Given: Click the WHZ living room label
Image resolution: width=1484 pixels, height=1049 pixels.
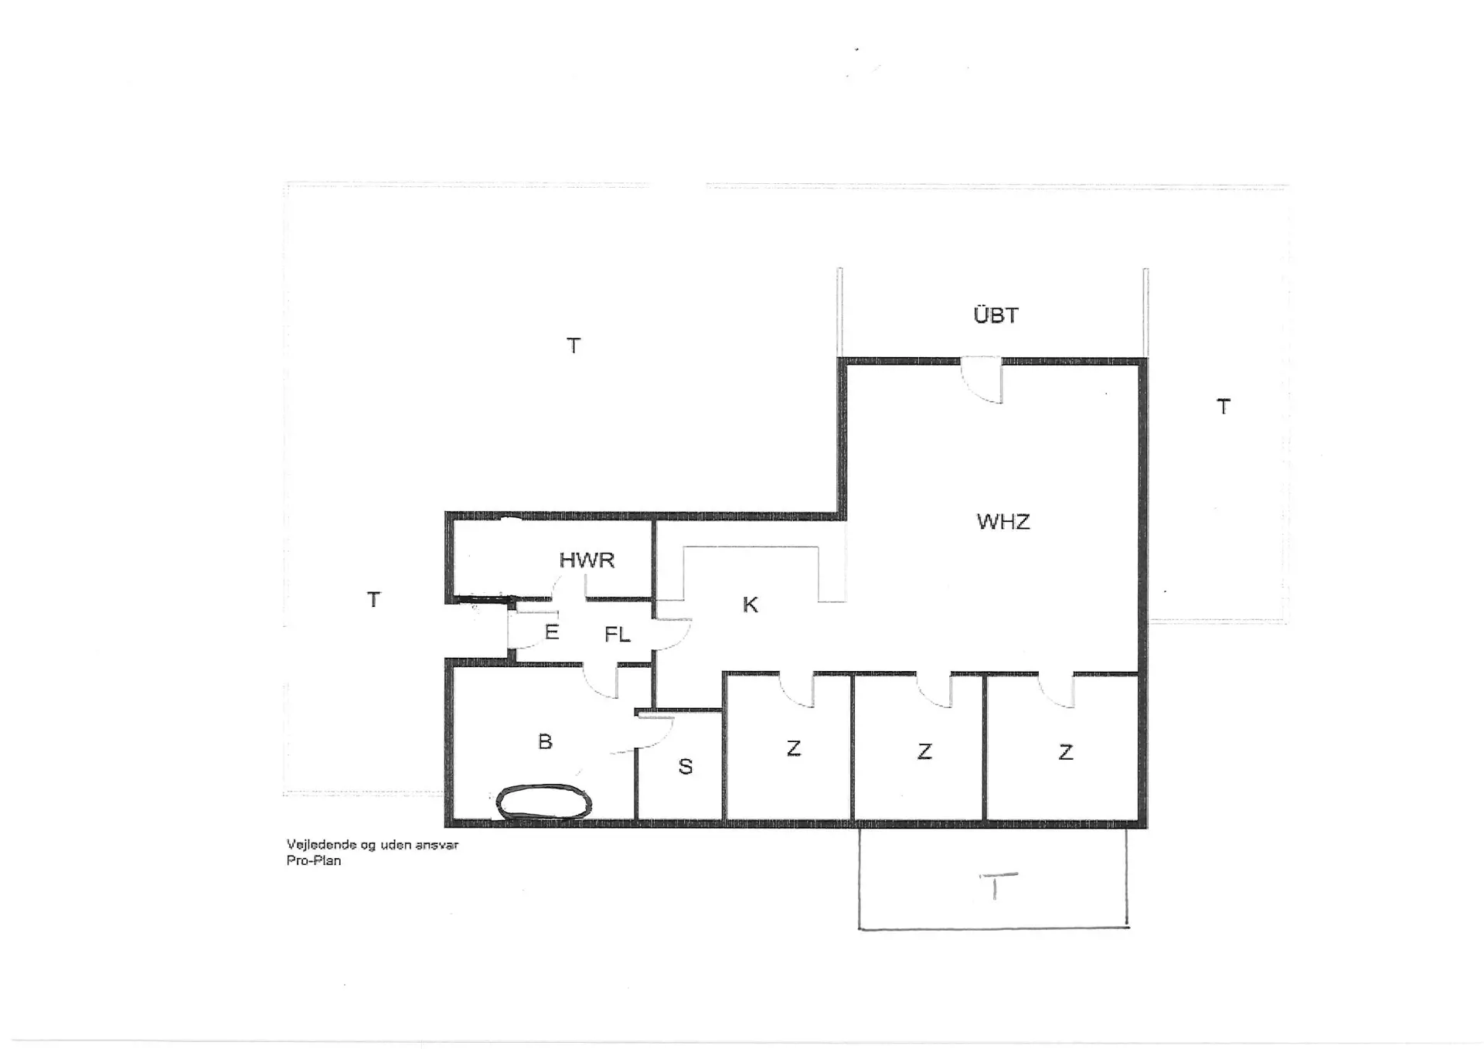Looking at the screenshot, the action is coord(1003,522).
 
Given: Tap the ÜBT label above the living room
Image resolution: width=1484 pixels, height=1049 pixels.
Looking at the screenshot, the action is coord(996,315).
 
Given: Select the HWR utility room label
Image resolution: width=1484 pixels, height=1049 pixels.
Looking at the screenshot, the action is coord(587,560).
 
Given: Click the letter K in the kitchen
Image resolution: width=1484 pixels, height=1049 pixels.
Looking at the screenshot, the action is coord(750,605).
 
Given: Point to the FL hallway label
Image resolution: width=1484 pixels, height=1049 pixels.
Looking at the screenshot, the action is coord(617,635).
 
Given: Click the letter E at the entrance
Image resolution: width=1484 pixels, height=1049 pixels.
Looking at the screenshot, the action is coord(551,632).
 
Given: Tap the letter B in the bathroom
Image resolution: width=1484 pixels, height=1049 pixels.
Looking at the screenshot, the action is coord(545,741).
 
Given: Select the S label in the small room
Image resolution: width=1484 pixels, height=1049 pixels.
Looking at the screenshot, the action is coord(685,766).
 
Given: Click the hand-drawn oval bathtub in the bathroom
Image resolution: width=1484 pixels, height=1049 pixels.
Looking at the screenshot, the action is coord(543,802).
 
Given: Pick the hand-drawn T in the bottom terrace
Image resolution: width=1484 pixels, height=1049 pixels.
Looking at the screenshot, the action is coord(998,887).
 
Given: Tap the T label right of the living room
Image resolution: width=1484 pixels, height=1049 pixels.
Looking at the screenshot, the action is coord(1223,407).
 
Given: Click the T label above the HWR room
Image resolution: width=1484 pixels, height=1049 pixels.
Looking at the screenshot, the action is coord(573,346).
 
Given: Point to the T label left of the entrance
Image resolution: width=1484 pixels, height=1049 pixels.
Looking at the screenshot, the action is coord(373,599).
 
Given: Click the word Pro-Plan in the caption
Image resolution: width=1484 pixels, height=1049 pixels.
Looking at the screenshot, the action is coord(313,860).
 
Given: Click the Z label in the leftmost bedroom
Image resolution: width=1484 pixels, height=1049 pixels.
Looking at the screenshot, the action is coord(793,748).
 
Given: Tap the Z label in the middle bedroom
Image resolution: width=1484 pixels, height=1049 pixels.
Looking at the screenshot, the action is coord(924,751).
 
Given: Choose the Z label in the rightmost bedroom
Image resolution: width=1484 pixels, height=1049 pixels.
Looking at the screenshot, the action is coord(1065,752).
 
